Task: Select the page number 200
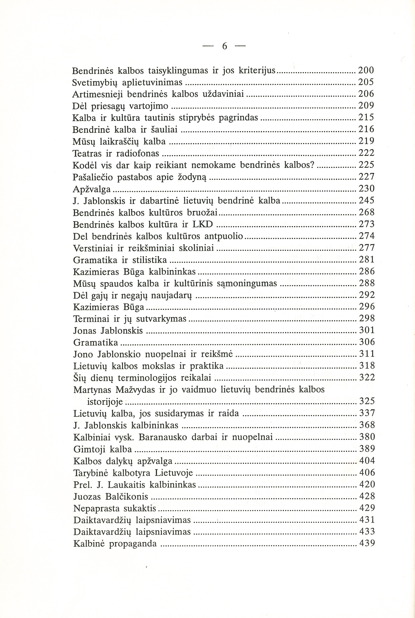click(366, 70)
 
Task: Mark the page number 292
click(367, 295)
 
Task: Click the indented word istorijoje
click(105, 402)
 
